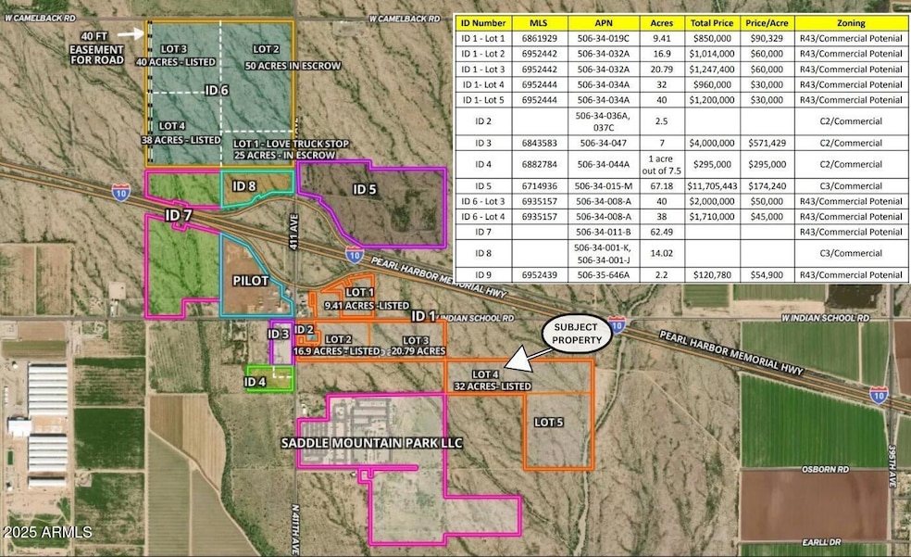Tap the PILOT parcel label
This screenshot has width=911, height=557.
250,279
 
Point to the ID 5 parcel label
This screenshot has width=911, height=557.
366,189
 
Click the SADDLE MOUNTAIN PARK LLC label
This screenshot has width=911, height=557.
371,443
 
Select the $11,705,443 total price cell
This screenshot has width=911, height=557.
708,186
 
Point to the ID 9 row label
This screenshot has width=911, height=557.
496,276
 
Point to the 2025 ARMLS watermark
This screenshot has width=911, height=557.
47,533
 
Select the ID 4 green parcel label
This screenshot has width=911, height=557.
256,381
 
